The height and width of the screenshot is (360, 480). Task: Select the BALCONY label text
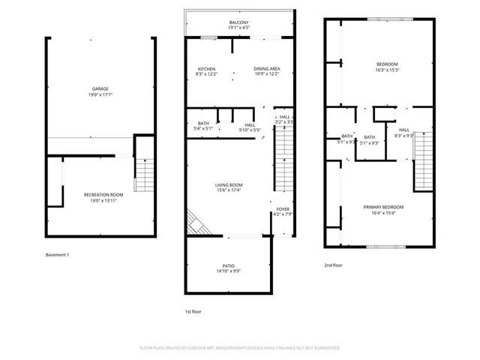coord(239,23)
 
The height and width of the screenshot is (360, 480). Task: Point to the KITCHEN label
coord(206,68)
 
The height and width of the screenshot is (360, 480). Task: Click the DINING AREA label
coord(266,68)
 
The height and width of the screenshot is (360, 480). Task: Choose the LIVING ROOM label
coord(229,184)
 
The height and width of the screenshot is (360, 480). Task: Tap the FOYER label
coord(283,209)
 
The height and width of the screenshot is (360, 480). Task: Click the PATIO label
coord(228,265)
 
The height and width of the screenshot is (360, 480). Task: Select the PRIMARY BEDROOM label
coord(383,207)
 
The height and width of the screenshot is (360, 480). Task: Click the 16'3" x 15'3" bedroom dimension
coord(387,70)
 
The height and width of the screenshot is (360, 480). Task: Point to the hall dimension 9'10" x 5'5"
coord(250,130)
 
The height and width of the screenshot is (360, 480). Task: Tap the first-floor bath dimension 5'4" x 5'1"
coord(204,129)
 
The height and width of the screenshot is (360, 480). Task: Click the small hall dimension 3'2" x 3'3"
coord(284,121)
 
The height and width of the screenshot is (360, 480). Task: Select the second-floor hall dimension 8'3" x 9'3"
coord(404,136)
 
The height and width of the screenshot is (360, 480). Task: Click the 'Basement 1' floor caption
coord(57,255)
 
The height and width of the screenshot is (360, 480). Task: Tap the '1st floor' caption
coord(193,311)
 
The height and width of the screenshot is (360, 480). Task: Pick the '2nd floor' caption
coord(333,265)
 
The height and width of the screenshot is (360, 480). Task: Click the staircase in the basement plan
coord(143,175)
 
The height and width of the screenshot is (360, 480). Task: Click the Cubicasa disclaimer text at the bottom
coord(240,348)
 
